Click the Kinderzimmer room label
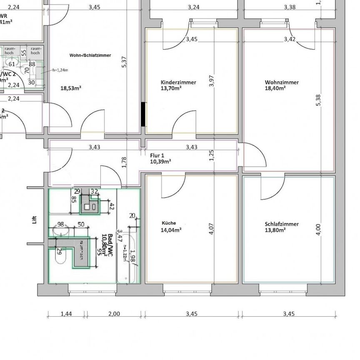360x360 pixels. pyautogui.click(x=178, y=82)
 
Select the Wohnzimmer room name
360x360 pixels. pyautogui.click(x=281, y=82)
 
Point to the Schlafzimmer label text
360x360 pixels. pyautogui.click(x=282, y=224)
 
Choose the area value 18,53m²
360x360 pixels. pyautogui.click(x=71, y=88)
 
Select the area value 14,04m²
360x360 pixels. pyautogui.click(x=171, y=230)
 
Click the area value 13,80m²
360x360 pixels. pyautogui.click(x=275, y=230)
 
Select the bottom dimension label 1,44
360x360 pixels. pyautogui.click(x=66, y=314)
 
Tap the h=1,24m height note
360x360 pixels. pyautogui.click(x=60, y=70)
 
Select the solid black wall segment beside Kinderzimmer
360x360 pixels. pyautogui.click(x=143, y=114)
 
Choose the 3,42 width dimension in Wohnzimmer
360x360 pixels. pyautogui.click(x=290, y=39)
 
